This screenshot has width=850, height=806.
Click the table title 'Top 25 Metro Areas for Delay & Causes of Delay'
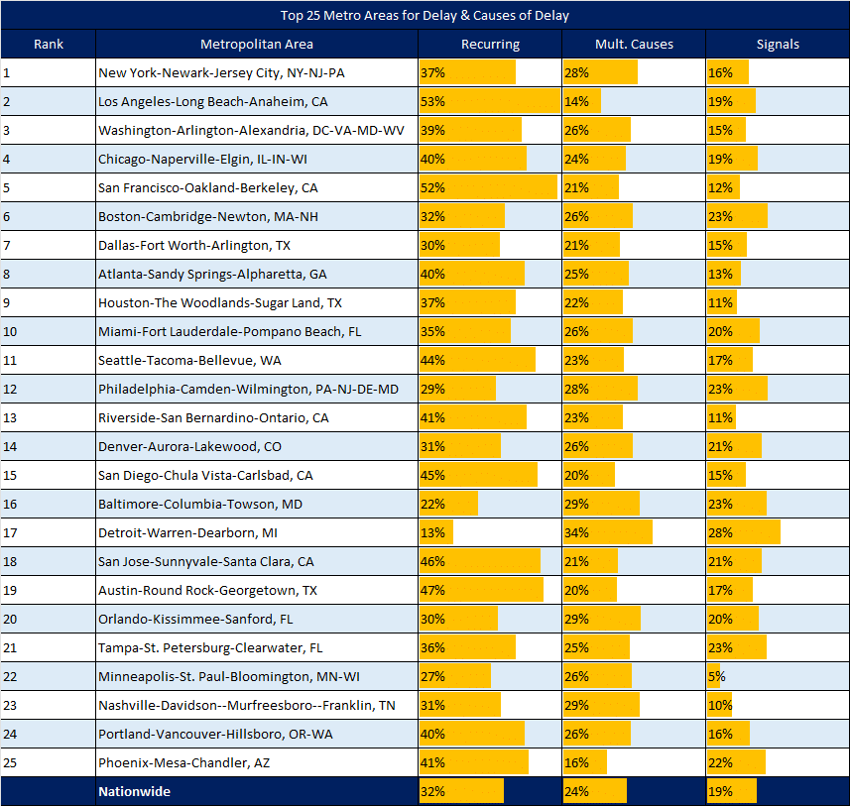coord(425,15)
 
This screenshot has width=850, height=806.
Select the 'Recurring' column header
coord(490,44)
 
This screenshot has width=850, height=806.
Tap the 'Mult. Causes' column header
coord(634,44)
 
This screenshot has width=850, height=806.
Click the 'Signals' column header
coord(778,44)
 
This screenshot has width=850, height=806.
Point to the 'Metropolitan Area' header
coord(257,44)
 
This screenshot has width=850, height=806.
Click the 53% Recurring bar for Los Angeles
coord(490,101)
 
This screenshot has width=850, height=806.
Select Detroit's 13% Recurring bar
coord(435,532)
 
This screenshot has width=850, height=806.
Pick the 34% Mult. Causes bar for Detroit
coord(608,532)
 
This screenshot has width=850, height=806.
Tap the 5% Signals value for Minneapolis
coord(716,676)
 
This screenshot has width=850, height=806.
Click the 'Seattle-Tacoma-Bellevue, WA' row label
coord(189,360)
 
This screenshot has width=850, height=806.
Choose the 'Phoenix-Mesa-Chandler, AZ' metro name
coord(183,762)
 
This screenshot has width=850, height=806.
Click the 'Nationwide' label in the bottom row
coord(134,791)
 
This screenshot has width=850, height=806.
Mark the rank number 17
coord(10,532)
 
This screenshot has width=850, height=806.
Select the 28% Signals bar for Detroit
coord(744,532)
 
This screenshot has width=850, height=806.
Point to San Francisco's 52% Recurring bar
coord(488,187)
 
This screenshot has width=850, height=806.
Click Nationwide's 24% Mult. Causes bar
coord(595,791)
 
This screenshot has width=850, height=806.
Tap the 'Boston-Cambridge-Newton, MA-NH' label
coord(207,216)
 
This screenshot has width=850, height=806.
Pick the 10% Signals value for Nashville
coord(720,705)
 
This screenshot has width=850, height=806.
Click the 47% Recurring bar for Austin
coord(481,590)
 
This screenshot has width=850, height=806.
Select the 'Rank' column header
coord(49,44)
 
